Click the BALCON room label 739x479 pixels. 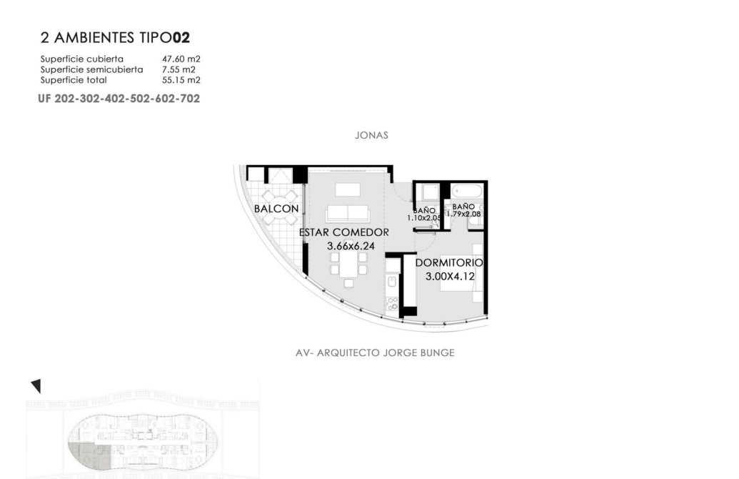tap(276, 209)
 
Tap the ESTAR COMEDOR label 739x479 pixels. tap(344, 232)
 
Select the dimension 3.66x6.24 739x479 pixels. tap(351, 246)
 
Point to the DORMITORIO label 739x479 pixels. tap(448, 262)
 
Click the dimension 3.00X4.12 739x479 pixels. tap(450, 277)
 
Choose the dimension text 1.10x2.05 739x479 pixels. tap(423, 218)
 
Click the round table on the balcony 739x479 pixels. tap(280, 207)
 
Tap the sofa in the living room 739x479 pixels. tap(348, 213)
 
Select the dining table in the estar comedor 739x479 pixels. tap(348, 263)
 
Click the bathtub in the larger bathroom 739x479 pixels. tap(467, 192)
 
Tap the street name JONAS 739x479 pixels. tap(371, 135)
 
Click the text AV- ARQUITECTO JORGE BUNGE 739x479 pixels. tap(375, 352)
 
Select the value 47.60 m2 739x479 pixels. tap(181, 59)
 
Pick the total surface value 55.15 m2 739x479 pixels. tap(181, 80)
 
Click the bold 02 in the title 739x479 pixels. tap(181, 38)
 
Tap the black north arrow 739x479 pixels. tap(36, 385)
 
